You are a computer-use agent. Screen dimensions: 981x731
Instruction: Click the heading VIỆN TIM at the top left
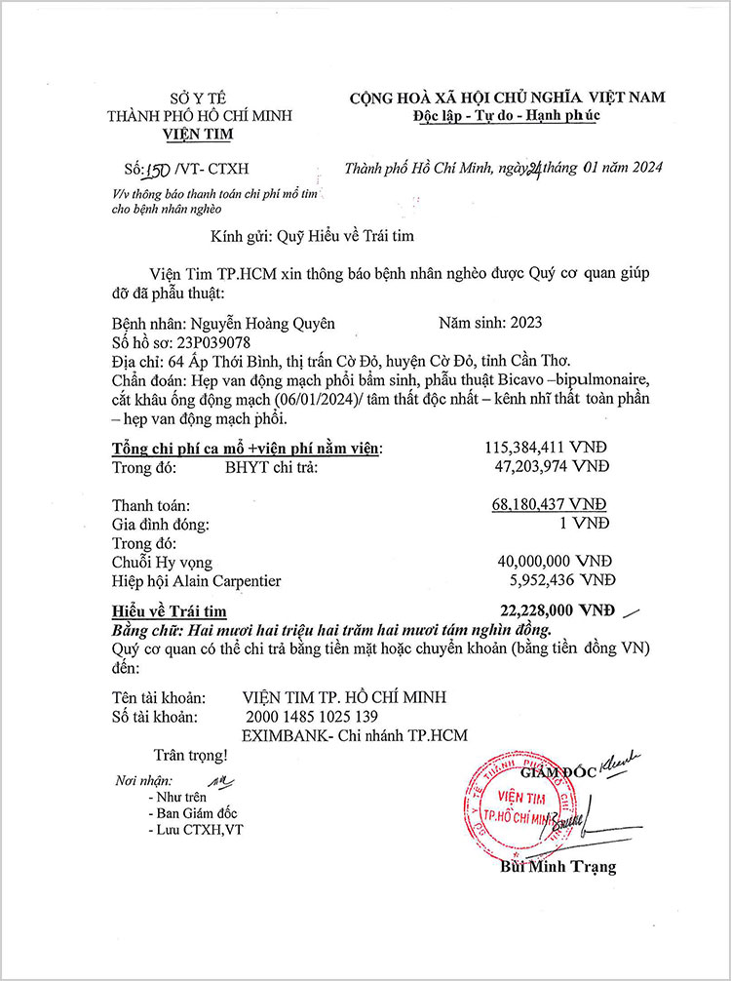[x=199, y=134]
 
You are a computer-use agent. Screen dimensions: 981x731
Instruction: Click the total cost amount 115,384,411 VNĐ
[x=547, y=448]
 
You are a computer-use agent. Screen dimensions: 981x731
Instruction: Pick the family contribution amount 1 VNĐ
[x=596, y=524]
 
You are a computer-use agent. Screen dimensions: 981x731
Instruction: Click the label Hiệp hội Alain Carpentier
[x=197, y=581]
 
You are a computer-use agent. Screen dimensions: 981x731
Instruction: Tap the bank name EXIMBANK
[x=282, y=735]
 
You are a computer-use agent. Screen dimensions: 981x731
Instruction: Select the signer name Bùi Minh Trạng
[x=558, y=866]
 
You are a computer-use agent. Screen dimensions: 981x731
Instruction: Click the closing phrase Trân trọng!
[x=190, y=754]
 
